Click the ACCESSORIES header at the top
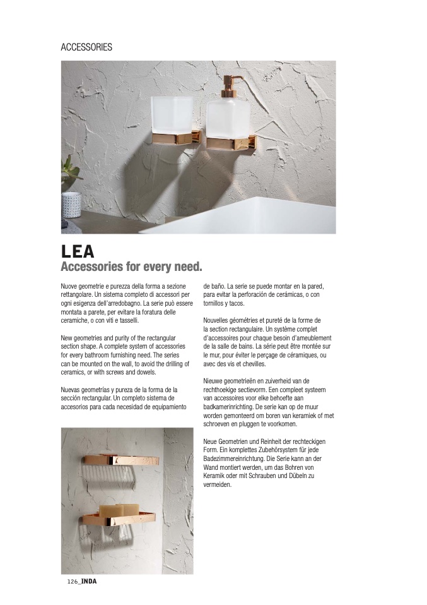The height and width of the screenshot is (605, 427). coord(86,47)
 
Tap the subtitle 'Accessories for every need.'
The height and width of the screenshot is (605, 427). coord(131,267)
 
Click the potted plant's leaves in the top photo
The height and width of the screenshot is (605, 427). coord(71,169)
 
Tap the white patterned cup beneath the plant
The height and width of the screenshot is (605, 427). coord(73,203)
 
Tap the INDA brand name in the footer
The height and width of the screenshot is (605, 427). coord(90,582)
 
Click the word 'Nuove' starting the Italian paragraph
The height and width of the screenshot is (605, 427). coord(70,287)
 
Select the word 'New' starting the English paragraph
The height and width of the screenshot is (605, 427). coord(67,338)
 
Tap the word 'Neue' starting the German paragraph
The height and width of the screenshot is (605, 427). coord(212,441)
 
